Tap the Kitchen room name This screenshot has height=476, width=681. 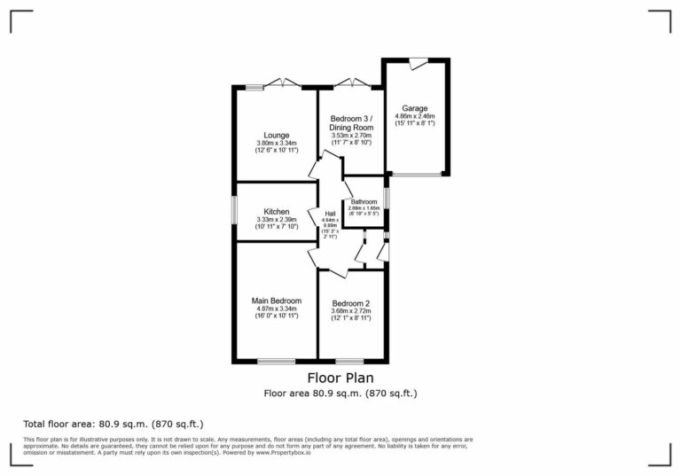pos(276,212)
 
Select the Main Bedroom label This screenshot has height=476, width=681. pos(277,300)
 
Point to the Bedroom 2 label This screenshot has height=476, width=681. pos(351,303)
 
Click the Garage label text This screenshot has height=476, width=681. pos(414,108)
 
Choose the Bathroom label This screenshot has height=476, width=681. pos(364,202)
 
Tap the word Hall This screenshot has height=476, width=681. pos(330,215)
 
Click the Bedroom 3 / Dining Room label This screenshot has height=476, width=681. pos(351,123)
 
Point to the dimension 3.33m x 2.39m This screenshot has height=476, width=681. pos(276,220)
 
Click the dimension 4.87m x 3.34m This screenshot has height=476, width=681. pos(277,309)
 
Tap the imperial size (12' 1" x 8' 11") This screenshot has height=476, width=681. pos(351,319)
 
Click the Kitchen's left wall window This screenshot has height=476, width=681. pos(234,211)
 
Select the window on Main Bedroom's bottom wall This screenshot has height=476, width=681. pos(276,361)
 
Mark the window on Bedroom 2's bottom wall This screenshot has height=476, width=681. pos(349,361)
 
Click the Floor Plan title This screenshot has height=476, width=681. pos(340,378)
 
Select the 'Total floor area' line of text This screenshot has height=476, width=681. pos(119,424)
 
